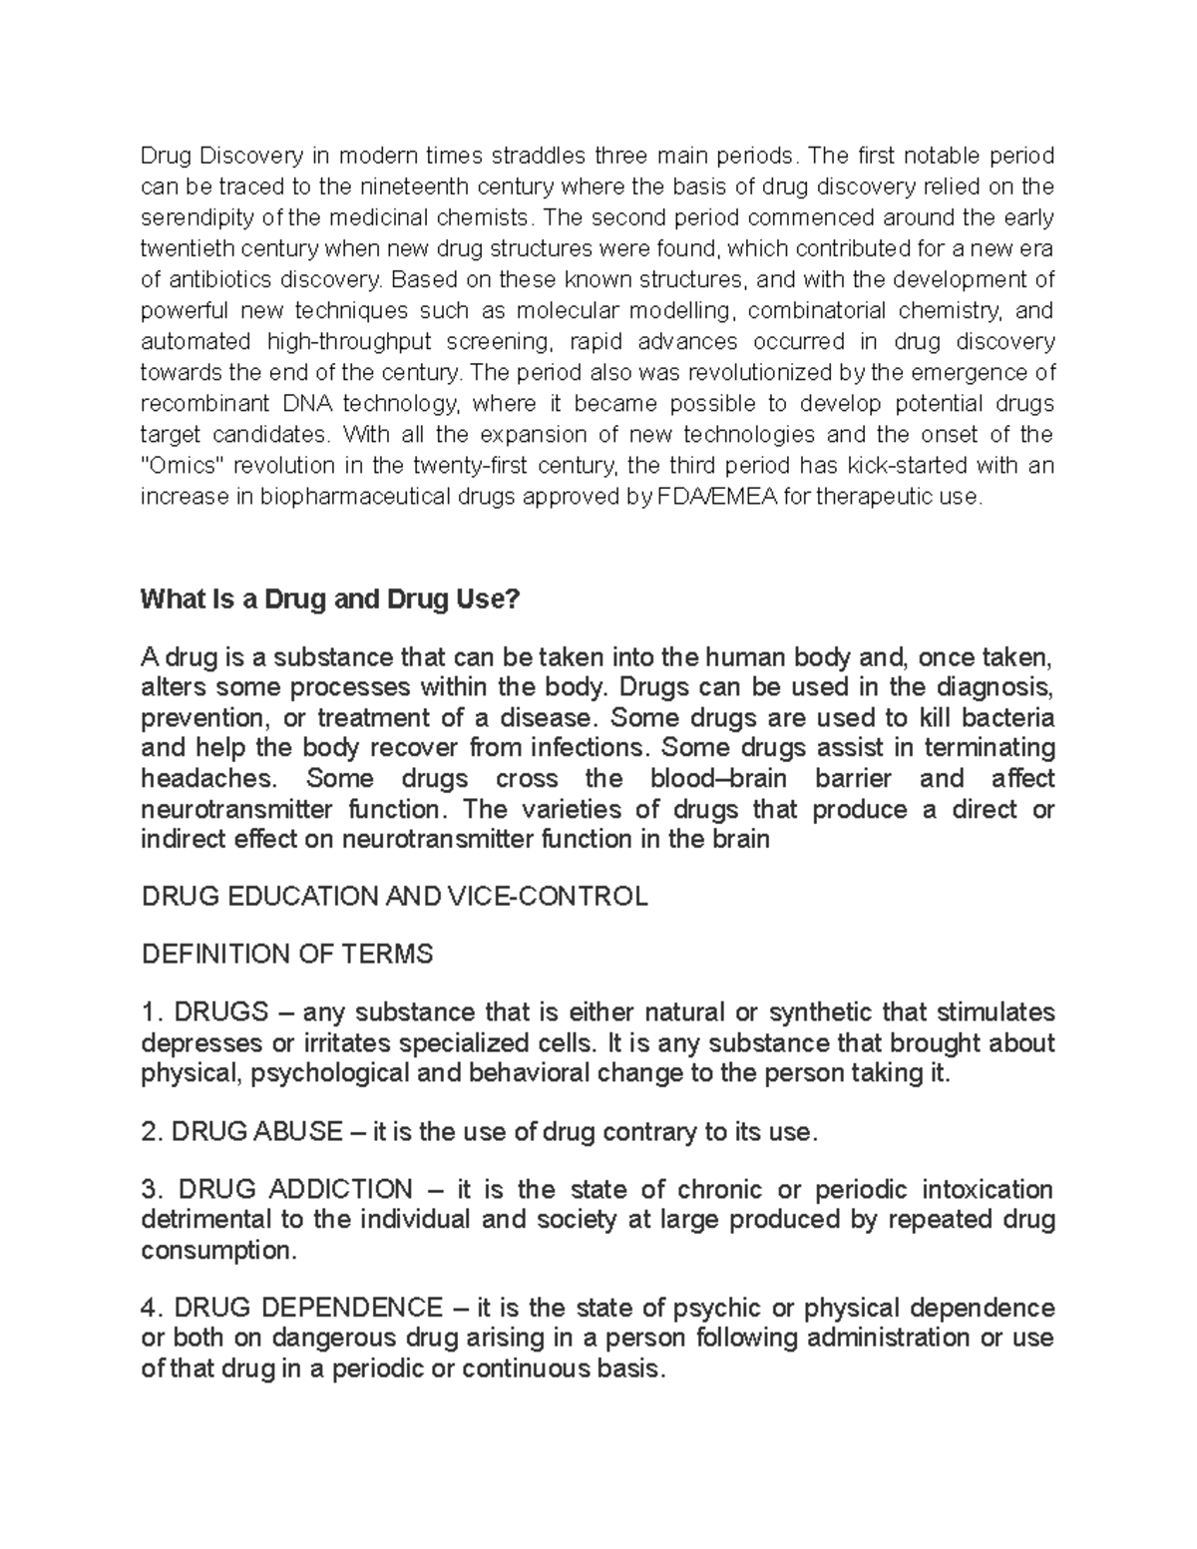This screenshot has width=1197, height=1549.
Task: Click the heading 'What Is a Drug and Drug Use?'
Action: click(x=330, y=599)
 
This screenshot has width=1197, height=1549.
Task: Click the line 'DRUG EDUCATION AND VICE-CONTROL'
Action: click(x=395, y=896)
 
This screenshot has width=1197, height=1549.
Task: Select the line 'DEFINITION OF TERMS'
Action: click(x=287, y=955)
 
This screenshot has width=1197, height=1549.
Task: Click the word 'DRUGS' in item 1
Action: click(x=220, y=1012)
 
